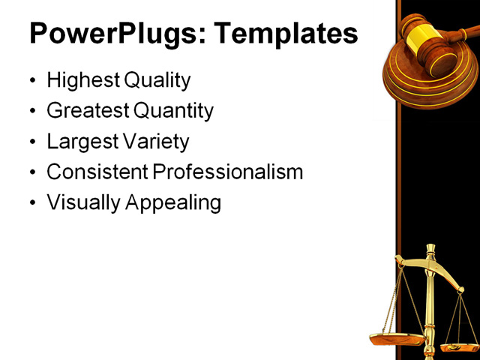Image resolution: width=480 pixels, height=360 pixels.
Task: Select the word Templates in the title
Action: click(x=284, y=34)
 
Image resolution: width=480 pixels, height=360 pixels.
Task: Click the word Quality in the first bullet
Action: click(x=157, y=80)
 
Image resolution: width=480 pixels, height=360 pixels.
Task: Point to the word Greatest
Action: click(x=87, y=111)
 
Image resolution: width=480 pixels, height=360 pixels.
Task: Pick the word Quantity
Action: click(x=173, y=111)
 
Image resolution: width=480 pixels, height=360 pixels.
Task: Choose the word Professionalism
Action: click(x=228, y=172)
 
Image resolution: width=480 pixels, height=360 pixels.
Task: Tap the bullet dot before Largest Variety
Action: click(x=31, y=142)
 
